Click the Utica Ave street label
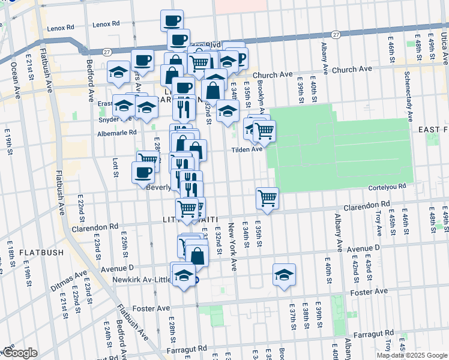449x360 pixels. click(444, 49)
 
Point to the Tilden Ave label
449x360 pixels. click(247, 149)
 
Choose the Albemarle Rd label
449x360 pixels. click(117, 133)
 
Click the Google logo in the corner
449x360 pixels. click(20, 353)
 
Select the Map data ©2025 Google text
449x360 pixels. click(412, 355)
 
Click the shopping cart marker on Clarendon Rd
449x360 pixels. click(267, 198)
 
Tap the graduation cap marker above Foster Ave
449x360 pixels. click(284, 274)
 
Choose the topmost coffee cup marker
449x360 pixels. click(171, 21)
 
